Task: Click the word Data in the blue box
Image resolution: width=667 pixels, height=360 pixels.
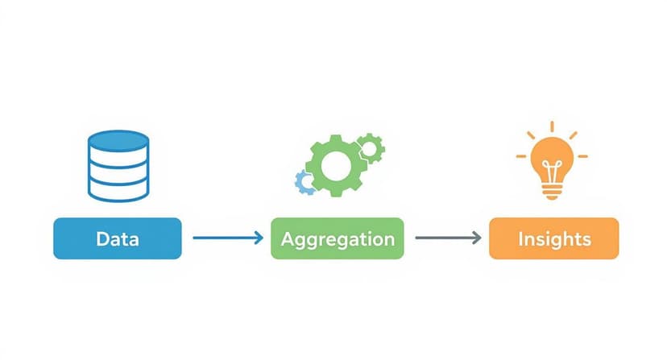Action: coord(117,239)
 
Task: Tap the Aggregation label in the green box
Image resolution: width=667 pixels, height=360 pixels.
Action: coord(338,239)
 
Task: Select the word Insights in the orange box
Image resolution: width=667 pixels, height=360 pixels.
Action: coord(554,239)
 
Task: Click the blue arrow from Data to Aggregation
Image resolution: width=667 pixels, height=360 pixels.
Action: coord(226,238)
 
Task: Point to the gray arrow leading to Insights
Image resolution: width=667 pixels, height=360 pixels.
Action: coord(445,238)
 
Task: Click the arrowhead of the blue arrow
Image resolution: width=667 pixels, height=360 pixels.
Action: coord(258,238)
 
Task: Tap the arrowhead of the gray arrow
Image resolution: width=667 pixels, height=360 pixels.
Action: coord(477,238)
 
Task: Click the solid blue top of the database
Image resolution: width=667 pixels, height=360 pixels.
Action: coord(118,139)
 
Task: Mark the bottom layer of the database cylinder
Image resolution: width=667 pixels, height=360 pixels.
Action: coord(118,191)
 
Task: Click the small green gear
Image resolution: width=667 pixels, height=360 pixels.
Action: coord(371,147)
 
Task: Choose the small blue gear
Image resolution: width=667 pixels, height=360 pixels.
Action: coord(304,181)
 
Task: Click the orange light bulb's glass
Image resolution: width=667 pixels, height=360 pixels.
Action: coord(552,157)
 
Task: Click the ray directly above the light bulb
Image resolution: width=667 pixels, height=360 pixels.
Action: coord(552,126)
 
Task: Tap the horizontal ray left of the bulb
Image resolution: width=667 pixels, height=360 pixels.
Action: coord(521,155)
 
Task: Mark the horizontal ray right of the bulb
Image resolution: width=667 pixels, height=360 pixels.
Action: coord(582,155)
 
